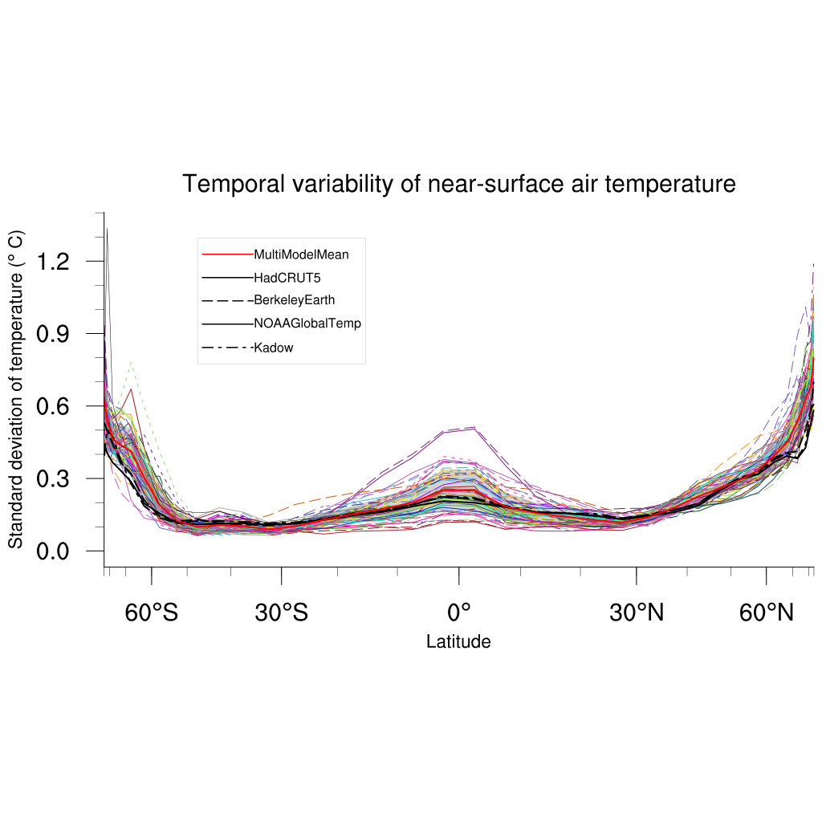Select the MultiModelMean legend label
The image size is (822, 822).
pos(301,254)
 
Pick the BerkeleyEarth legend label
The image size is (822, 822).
pos(294,300)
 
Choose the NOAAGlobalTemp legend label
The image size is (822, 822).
pos(307,324)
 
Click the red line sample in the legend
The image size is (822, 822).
pos(227,254)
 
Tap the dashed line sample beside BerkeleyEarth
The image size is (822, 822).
pos(227,300)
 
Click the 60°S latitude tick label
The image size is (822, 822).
pos(152,613)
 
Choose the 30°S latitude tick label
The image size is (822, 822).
pos(282,613)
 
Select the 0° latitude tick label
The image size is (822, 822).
pos(458,613)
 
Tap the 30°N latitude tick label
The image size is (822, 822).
pos(637,613)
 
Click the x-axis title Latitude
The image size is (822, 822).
pos(458,641)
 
